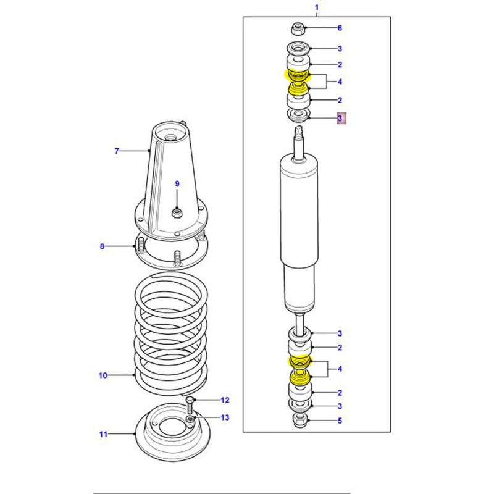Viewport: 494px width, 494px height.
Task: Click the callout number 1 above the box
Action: click(x=317, y=7)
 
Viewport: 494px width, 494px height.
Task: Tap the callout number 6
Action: click(x=339, y=28)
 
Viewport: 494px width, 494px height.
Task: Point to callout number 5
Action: click(x=339, y=422)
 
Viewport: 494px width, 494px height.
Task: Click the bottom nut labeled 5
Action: click(x=299, y=421)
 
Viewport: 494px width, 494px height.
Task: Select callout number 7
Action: click(x=115, y=151)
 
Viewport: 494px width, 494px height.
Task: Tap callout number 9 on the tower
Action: click(x=177, y=184)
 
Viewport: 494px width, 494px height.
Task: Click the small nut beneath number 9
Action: click(x=176, y=213)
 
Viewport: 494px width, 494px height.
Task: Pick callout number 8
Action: click(x=103, y=247)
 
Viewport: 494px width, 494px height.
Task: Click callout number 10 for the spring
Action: click(x=103, y=375)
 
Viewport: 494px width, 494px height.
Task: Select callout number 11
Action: click(x=103, y=434)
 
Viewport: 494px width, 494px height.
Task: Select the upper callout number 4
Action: click(x=339, y=82)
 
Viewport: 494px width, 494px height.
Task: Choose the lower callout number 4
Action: click(x=339, y=370)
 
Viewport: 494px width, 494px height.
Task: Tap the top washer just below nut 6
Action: click(x=297, y=48)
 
